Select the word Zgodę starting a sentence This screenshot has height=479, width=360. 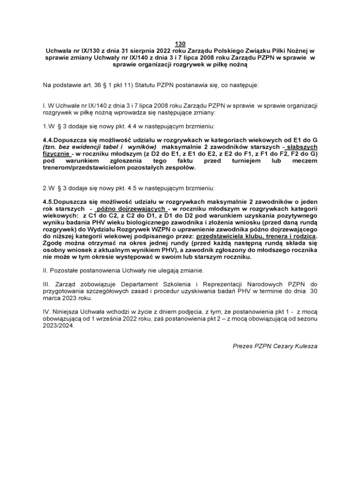pyautogui.click(x=53, y=243)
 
